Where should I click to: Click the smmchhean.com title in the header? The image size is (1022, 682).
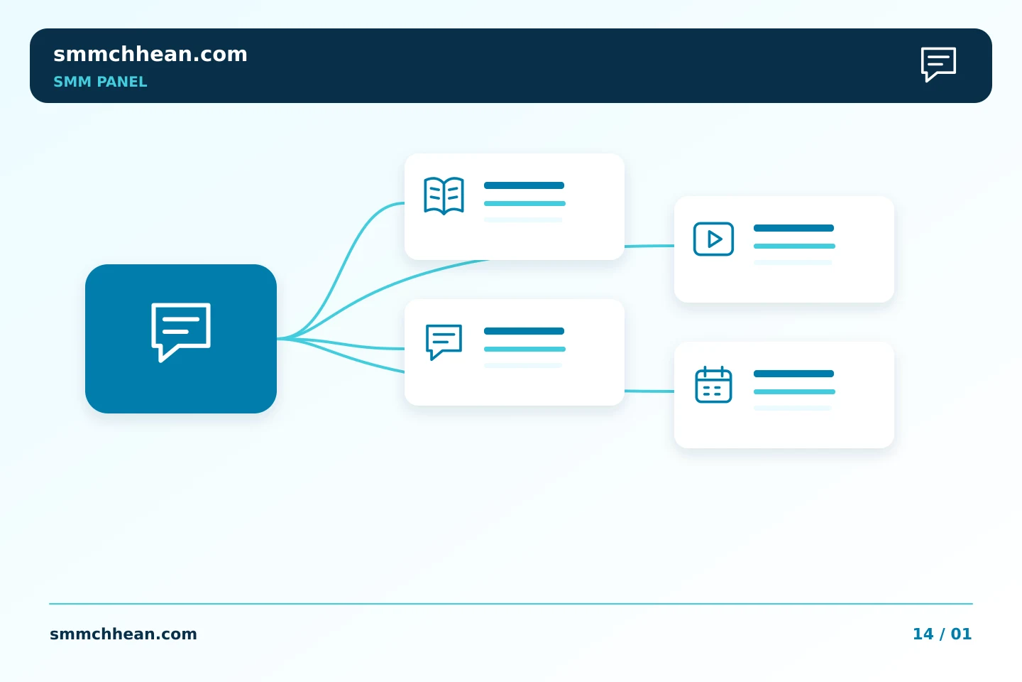point(150,55)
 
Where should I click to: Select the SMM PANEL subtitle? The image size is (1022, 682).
point(100,82)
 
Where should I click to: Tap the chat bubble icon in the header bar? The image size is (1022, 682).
point(938,64)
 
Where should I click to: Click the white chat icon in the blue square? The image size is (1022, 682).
point(181,332)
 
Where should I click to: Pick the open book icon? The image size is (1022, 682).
point(444,195)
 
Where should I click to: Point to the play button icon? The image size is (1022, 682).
point(713,239)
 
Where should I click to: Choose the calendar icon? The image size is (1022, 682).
point(713,384)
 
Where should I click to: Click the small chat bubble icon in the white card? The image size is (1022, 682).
point(444,342)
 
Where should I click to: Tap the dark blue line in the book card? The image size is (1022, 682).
point(524,185)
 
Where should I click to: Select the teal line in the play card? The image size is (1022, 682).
point(794,247)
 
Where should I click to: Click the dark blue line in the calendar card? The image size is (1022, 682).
point(794,374)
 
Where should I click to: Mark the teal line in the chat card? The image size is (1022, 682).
point(524,349)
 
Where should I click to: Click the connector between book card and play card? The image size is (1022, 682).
point(649,247)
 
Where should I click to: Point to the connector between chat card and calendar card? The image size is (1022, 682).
point(649,391)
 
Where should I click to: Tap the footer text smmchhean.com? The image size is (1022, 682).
point(123,634)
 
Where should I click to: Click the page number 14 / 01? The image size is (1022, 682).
point(943,634)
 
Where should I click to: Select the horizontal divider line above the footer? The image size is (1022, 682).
point(511,604)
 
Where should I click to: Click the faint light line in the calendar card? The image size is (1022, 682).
point(793,408)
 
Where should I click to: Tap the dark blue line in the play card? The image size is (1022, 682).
point(794,228)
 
